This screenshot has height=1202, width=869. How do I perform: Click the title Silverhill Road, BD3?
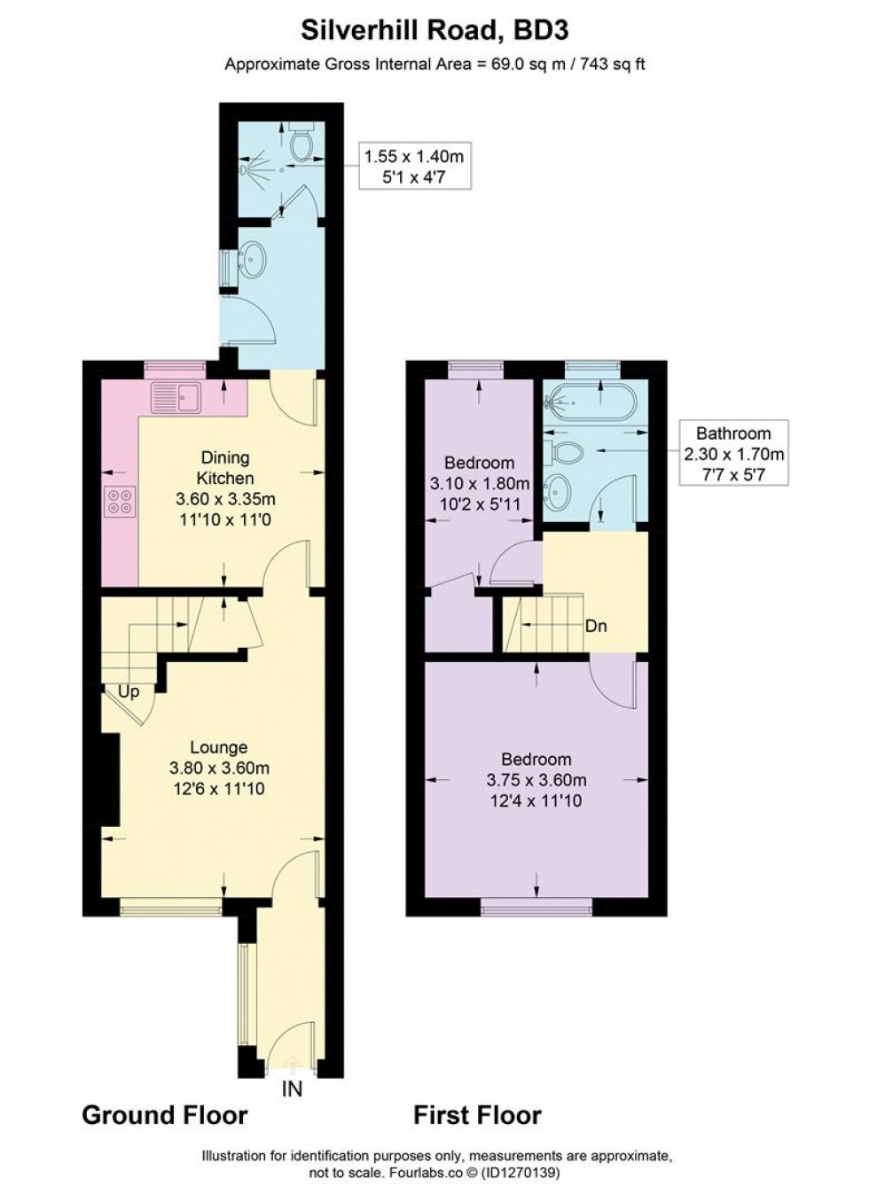point(434,30)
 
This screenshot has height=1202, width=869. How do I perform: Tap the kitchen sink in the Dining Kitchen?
point(176,397)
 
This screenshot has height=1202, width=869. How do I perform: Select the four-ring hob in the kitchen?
point(119,503)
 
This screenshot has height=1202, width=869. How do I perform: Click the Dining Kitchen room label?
point(226,468)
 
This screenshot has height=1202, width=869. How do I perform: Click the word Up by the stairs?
point(129,691)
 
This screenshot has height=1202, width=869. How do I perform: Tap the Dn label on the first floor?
point(596,626)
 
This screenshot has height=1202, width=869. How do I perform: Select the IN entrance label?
point(292,1089)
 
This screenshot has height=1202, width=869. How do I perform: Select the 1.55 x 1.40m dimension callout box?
point(414,167)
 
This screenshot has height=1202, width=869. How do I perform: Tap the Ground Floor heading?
point(164,1114)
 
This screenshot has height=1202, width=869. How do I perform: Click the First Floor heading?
point(477,1114)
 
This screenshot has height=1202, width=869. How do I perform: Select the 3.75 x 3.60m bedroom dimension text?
point(536,780)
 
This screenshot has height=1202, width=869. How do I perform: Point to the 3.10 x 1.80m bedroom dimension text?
point(479,484)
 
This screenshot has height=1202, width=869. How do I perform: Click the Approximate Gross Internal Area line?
point(434,65)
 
